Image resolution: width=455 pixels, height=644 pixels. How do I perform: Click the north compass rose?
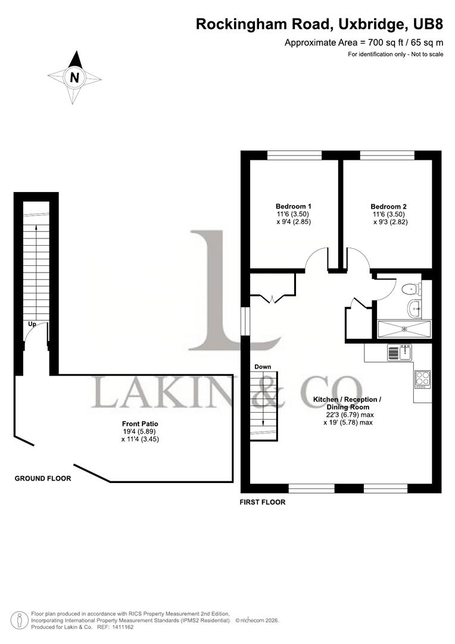pos(74,78)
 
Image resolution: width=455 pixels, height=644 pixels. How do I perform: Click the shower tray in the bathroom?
pos(405,329)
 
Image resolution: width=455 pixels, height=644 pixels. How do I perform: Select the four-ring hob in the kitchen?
pos(422,379)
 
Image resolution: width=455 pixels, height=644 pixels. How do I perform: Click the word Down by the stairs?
pos(263,366)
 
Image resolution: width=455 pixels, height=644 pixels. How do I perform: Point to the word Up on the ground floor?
pos(34,324)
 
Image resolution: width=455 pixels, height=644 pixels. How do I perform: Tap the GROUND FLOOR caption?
pos(43,478)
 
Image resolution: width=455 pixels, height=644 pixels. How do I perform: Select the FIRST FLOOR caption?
pos(263,502)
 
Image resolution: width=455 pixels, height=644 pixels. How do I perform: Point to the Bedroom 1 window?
pos(294,155)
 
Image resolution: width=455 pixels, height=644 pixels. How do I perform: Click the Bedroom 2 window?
pos(387,155)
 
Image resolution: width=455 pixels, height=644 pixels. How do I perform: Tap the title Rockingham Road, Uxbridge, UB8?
pos(320,24)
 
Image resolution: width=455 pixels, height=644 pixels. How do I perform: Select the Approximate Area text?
pos(364,42)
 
